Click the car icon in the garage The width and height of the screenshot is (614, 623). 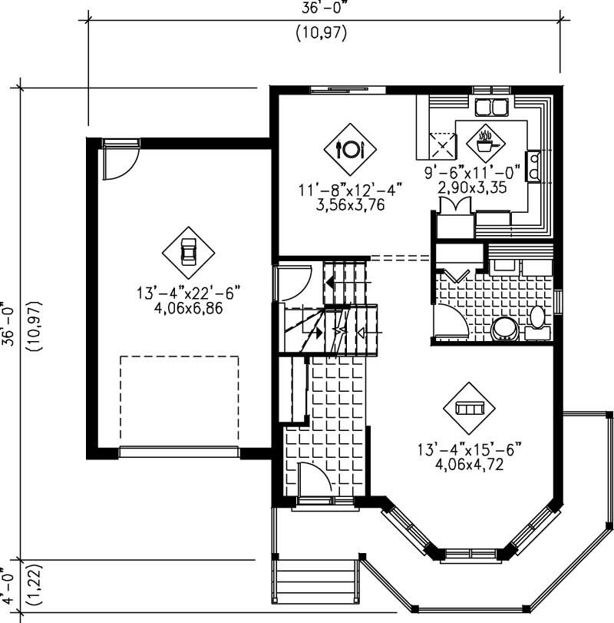[x=188, y=253]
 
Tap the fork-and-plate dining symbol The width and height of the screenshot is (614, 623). [x=350, y=149]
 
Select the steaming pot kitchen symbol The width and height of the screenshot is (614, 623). [x=485, y=141]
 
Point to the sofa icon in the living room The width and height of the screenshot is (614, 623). [x=468, y=408]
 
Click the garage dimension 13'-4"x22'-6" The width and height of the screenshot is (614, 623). [x=189, y=292]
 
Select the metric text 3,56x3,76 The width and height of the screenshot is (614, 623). [x=350, y=205]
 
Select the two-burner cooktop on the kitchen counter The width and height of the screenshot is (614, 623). [x=533, y=165]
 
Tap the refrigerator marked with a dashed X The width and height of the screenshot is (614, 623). [x=442, y=144]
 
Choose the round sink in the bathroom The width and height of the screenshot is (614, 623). [x=504, y=329]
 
